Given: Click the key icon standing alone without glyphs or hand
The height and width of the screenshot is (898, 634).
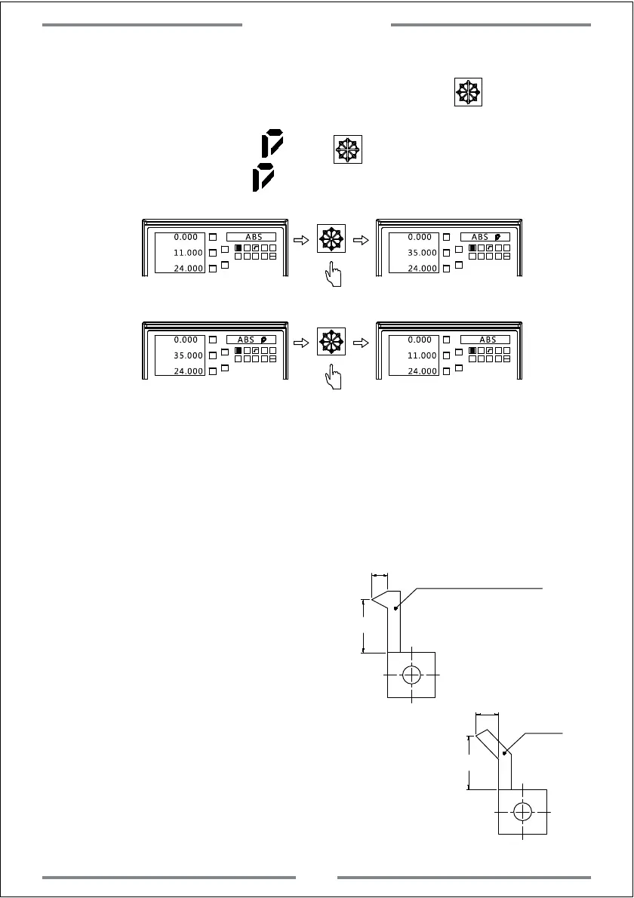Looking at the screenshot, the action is (468, 92).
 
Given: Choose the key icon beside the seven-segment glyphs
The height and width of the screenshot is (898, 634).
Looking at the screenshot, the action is (348, 149).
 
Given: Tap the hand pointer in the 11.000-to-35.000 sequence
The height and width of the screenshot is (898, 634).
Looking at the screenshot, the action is (331, 275).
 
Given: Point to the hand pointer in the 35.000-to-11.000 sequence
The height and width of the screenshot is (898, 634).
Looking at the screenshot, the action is (331, 378).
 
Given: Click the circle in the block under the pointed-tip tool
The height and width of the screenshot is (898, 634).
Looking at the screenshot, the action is (411, 675).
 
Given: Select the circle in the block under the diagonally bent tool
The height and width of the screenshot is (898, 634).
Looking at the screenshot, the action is (522, 811).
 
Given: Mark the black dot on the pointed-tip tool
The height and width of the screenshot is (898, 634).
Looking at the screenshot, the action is (395, 607).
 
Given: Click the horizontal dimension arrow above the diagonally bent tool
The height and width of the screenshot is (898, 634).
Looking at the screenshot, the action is (488, 713).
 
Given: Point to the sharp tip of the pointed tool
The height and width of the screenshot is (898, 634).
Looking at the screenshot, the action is (373, 601).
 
